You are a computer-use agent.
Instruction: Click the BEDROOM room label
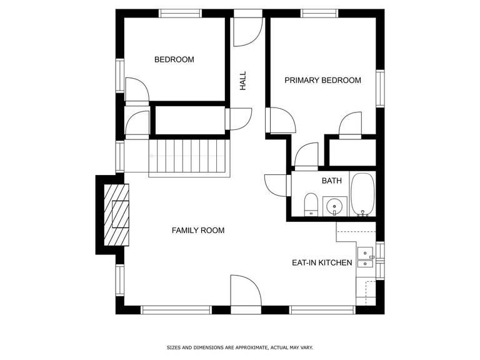[174, 59]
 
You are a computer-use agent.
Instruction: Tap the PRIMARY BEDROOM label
[322, 80]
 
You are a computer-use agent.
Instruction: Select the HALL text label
[242, 81]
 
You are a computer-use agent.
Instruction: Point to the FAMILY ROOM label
[198, 230]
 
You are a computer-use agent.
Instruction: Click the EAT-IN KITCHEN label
[322, 262]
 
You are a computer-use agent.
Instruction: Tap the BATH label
[331, 181]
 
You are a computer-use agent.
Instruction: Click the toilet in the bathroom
[311, 204]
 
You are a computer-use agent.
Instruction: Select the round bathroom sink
[334, 206]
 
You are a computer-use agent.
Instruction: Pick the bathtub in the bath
[362, 195]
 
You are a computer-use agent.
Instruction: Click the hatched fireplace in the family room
[116, 214]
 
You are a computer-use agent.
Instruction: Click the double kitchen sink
[365, 258]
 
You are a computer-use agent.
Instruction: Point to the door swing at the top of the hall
[248, 32]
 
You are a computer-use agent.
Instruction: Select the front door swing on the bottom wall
[246, 290]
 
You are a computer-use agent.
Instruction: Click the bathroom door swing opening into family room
[276, 185]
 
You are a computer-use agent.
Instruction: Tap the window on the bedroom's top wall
[181, 14]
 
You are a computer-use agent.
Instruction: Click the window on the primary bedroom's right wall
[380, 89]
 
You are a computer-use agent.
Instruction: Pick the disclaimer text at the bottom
[240, 347]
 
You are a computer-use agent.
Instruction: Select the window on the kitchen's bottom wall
[322, 310]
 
